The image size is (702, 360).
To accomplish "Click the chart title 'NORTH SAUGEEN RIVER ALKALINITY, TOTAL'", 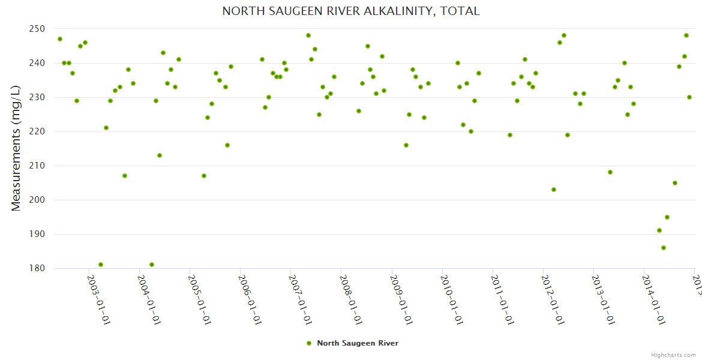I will pyautogui.click(x=351, y=11).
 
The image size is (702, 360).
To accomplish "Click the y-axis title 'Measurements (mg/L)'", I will pyautogui.click(x=16, y=148).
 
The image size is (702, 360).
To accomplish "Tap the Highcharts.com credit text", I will pyautogui.click(x=673, y=355).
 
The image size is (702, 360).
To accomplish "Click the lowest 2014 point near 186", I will pyautogui.click(x=664, y=248).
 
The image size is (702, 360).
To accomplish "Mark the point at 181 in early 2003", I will pyautogui.click(x=101, y=265).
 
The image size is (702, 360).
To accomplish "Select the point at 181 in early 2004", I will pyautogui.click(x=152, y=265).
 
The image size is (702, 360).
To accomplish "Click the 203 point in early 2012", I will pyautogui.click(x=554, y=190).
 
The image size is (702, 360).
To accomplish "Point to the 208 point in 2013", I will pyautogui.click(x=610, y=172).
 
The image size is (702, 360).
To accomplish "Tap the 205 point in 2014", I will pyautogui.click(x=675, y=183).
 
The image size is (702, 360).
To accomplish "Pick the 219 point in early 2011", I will pyautogui.click(x=510, y=135).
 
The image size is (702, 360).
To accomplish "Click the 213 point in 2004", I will pyautogui.click(x=160, y=155).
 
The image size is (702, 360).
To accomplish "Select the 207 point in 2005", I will pyautogui.click(x=204, y=176).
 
